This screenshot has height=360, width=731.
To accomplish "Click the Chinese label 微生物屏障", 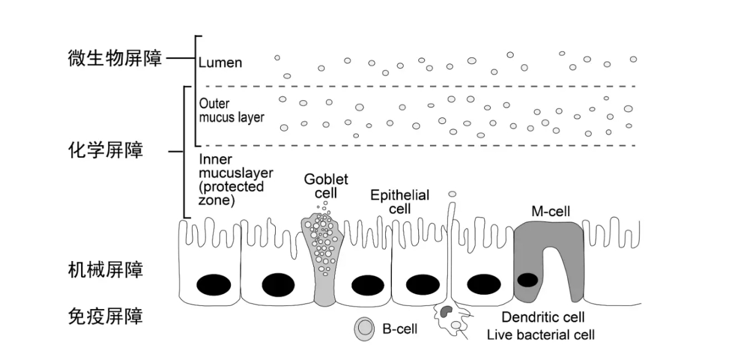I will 114,60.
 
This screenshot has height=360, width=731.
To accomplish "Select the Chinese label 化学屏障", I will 106,151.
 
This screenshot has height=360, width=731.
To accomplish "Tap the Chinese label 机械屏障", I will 106,269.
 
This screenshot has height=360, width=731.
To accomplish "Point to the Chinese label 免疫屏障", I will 106,317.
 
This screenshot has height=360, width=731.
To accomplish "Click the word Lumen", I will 221,63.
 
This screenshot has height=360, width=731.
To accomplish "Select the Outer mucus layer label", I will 231,111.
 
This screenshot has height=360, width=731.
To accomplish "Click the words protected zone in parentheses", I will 231,194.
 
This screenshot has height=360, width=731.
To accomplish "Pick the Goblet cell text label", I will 326,186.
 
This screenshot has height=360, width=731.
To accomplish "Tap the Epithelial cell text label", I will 399,202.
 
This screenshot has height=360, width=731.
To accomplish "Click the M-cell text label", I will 550,212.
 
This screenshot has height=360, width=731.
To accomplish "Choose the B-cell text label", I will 400,329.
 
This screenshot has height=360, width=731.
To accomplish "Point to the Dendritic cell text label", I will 543,318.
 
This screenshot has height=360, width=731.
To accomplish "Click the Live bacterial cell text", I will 541,335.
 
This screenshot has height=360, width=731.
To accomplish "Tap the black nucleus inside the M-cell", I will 528,280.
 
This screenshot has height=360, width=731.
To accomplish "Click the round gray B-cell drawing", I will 364,329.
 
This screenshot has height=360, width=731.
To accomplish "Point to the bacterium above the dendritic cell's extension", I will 452,194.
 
